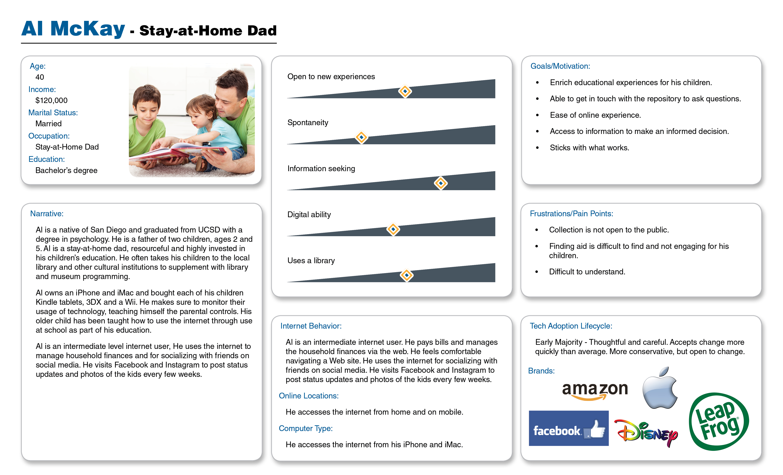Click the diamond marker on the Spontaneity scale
(x=361, y=137)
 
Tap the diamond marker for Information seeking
(x=441, y=183)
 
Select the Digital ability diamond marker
(x=393, y=229)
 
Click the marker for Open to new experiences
(x=405, y=91)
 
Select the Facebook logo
(x=568, y=428)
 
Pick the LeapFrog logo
(x=719, y=422)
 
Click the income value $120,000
(x=51, y=100)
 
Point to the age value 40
(x=40, y=77)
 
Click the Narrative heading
(x=47, y=214)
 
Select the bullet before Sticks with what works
(x=537, y=148)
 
